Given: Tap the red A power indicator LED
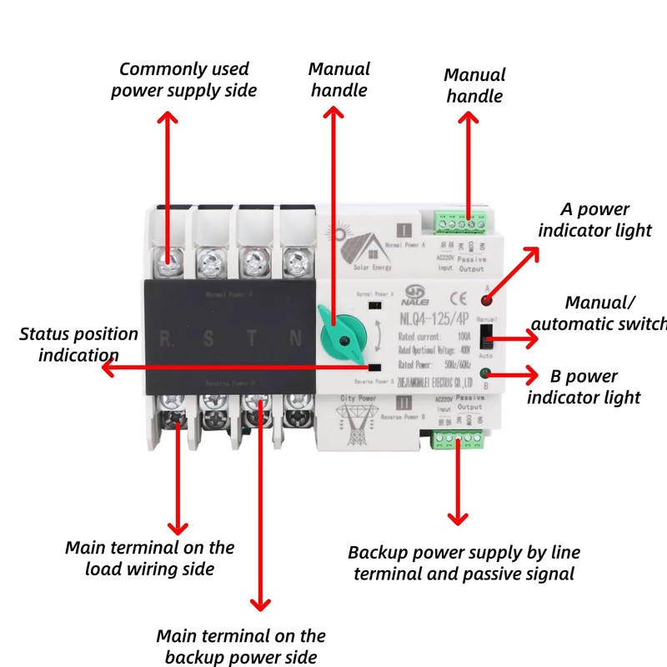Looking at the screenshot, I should [485, 298].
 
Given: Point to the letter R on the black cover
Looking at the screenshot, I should [167, 340].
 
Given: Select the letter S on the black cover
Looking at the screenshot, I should [210, 340].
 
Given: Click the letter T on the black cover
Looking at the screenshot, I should [253, 340].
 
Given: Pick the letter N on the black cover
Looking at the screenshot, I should [294, 340].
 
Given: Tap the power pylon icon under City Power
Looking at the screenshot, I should [361, 430].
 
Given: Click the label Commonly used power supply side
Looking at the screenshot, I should [183, 80].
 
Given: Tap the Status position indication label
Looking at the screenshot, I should [78, 344].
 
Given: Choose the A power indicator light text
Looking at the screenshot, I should [594, 220].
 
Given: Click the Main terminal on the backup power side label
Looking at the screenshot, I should [241, 647].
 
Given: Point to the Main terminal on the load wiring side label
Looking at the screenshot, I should [150, 559].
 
